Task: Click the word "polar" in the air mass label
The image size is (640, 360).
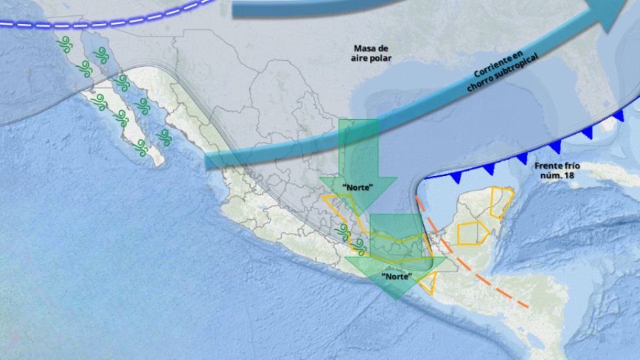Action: (381, 58)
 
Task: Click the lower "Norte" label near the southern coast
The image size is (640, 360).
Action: (396, 275)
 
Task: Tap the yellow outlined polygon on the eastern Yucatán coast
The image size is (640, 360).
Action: (501, 202)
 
